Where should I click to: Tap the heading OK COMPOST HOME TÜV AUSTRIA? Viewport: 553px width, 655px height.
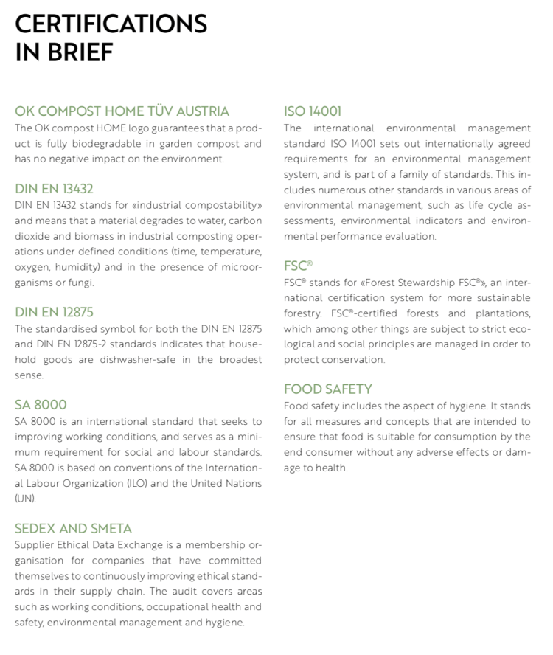(x=122, y=111)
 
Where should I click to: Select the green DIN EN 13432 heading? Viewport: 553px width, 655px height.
(x=54, y=188)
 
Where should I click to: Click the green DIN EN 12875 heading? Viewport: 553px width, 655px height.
(x=54, y=312)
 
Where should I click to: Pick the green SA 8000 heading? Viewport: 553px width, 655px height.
(x=41, y=404)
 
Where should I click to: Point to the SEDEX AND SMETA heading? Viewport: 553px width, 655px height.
(x=73, y=528)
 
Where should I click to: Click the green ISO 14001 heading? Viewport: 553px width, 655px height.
(x=313, y=111)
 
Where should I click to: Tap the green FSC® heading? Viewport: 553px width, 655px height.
(x=298, y=266)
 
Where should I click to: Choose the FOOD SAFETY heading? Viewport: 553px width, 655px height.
(x=327, y=389)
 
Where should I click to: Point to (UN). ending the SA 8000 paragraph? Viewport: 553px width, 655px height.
(x=26, y=499)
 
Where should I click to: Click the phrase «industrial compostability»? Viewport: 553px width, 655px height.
(x=199, y=204)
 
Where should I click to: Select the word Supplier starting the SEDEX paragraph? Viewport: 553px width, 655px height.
(x=34, y=544)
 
